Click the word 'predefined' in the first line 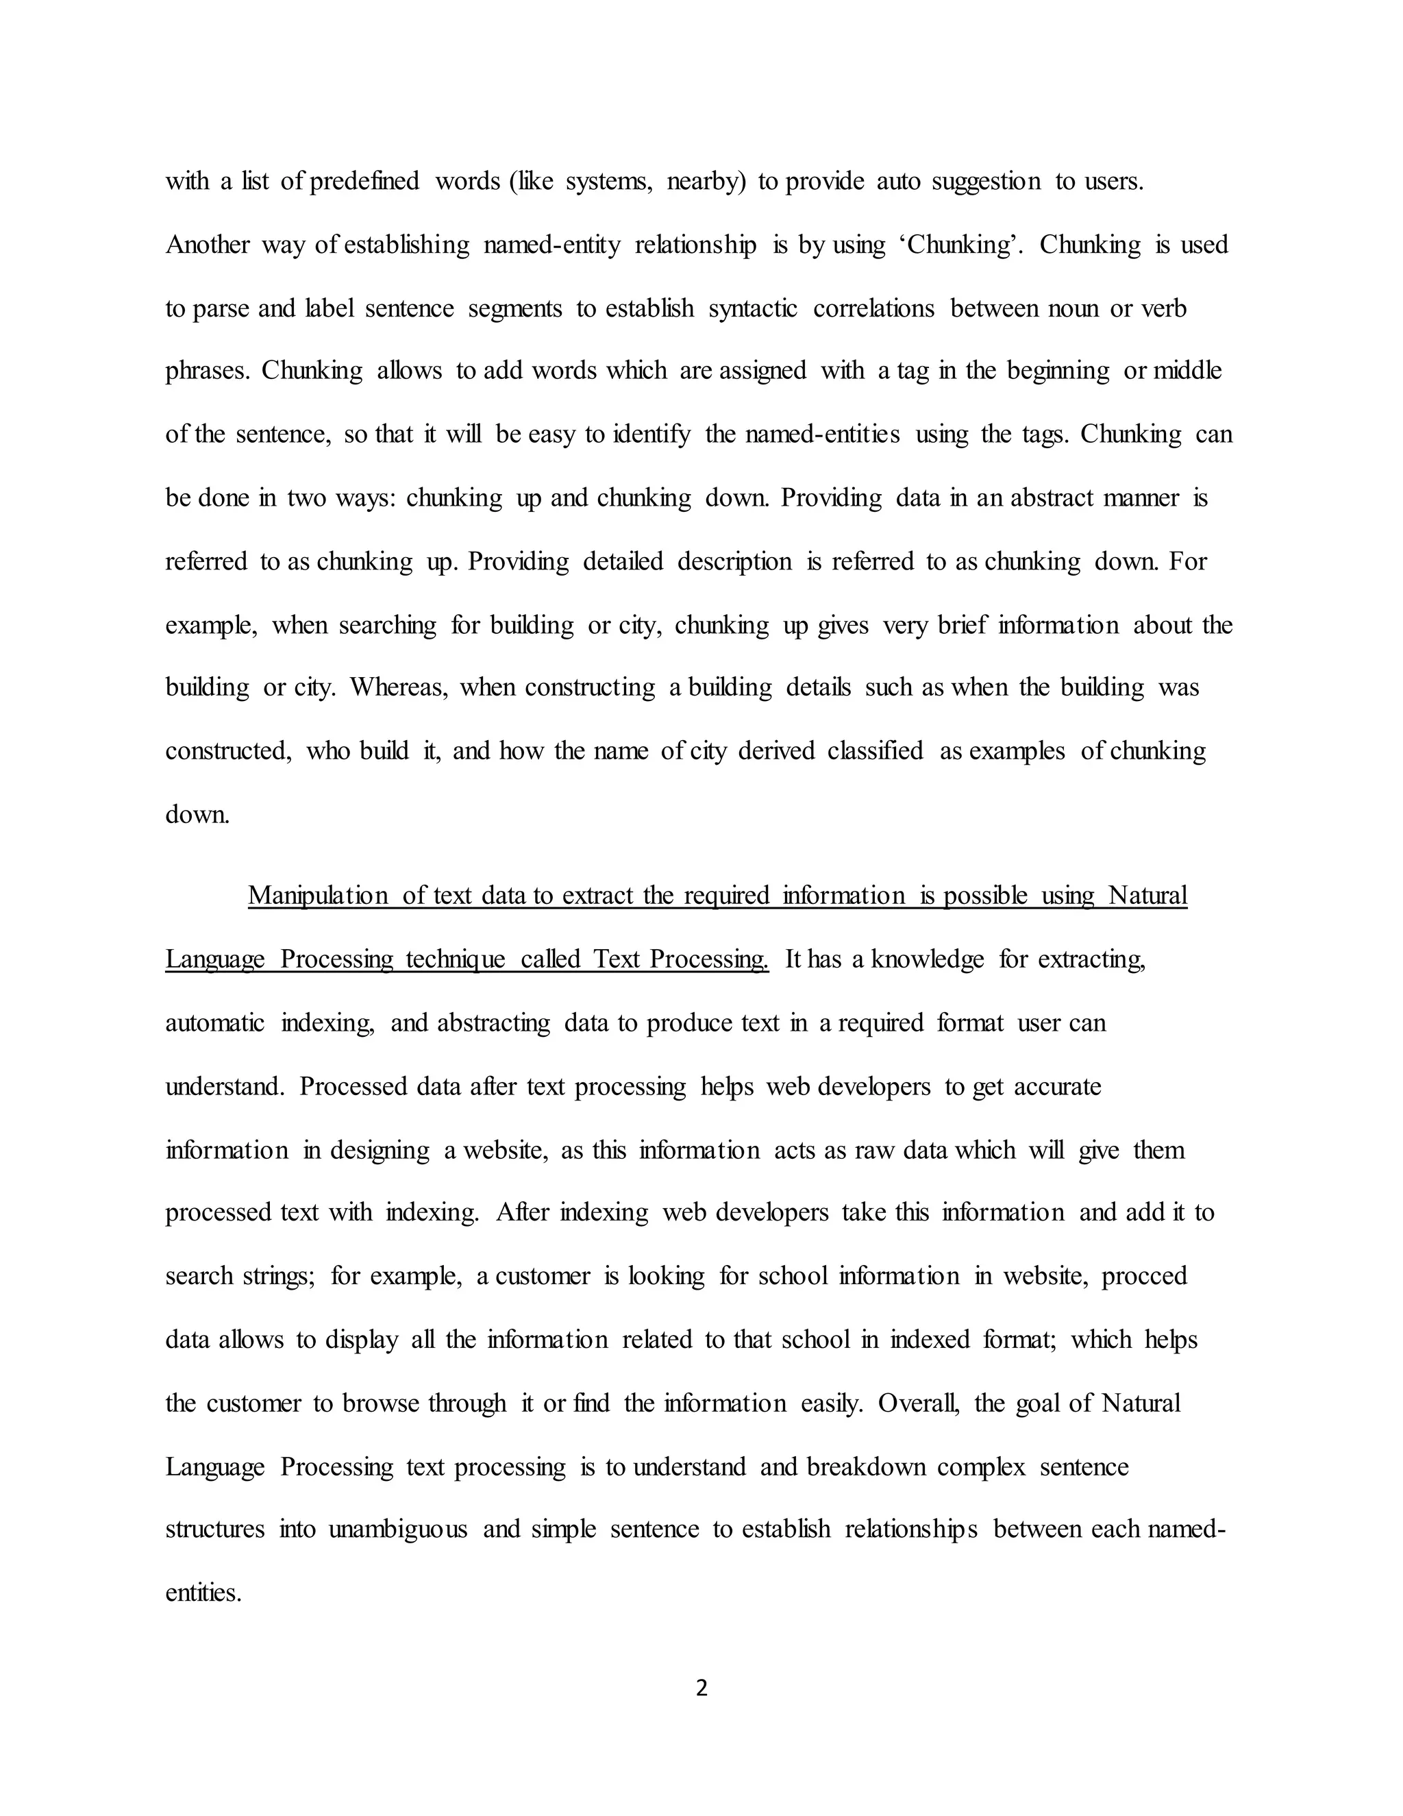click(364, 182)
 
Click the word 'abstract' click(1052, 498)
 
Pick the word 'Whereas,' click(399, 687)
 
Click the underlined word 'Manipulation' click(317, 896)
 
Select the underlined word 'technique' click(456, 959)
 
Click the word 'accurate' click(1057, 1087)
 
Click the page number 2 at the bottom click(701, 1688)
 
